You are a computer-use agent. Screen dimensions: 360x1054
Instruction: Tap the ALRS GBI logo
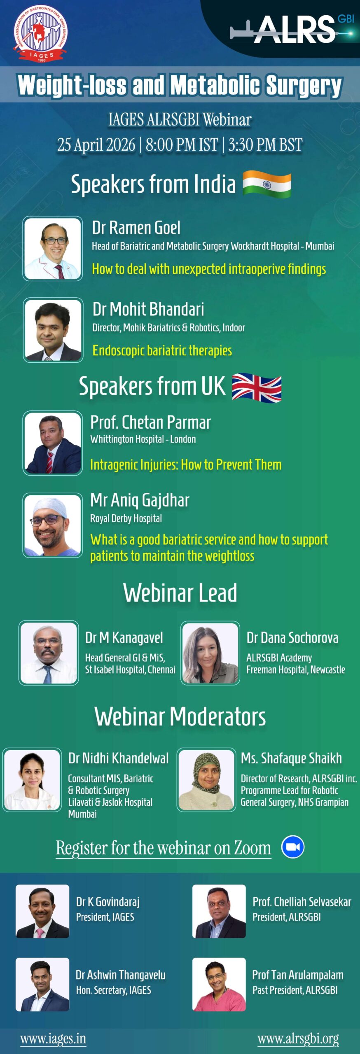coord(292,29)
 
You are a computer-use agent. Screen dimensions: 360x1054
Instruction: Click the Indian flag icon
coord(267,184)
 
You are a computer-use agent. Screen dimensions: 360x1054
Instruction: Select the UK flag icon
coord(257,387)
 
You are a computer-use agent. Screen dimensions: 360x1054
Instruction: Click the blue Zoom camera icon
coord(293,847)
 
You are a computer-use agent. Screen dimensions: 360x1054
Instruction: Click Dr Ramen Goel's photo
coord(53,249)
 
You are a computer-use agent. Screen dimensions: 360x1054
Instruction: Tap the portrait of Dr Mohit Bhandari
coord(53,330)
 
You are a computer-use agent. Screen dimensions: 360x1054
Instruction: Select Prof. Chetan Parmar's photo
coord(53,443)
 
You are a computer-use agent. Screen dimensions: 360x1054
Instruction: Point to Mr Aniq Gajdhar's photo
coord(53,525)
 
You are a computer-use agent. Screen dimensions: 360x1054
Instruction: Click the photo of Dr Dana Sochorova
coord(210,653)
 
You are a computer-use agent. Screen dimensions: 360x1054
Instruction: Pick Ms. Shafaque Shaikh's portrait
coord(206,780)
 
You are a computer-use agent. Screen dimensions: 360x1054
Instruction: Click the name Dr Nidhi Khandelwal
coord(119,758)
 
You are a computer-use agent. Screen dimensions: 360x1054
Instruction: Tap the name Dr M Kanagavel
coord(124,638)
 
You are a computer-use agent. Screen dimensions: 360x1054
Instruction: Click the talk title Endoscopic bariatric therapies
coord(162,350)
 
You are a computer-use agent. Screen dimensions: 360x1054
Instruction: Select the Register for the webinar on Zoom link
coord(164,848)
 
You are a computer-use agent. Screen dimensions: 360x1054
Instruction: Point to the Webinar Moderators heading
coord(180,717)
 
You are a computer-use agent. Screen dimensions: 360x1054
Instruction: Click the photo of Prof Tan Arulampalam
coord(219,984)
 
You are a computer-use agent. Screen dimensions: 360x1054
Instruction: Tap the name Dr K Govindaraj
coord(108,902)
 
